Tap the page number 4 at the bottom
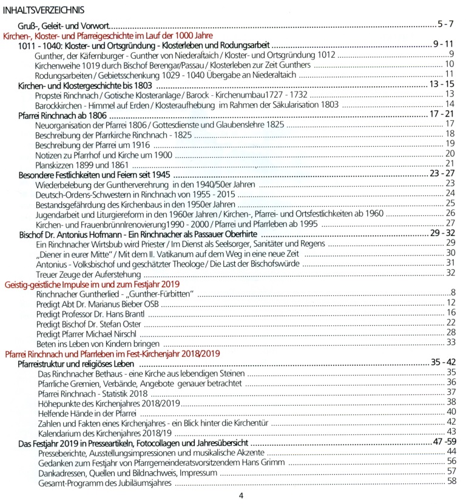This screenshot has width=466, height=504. (241, 496)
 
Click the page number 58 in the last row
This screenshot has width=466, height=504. (451, 481)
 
